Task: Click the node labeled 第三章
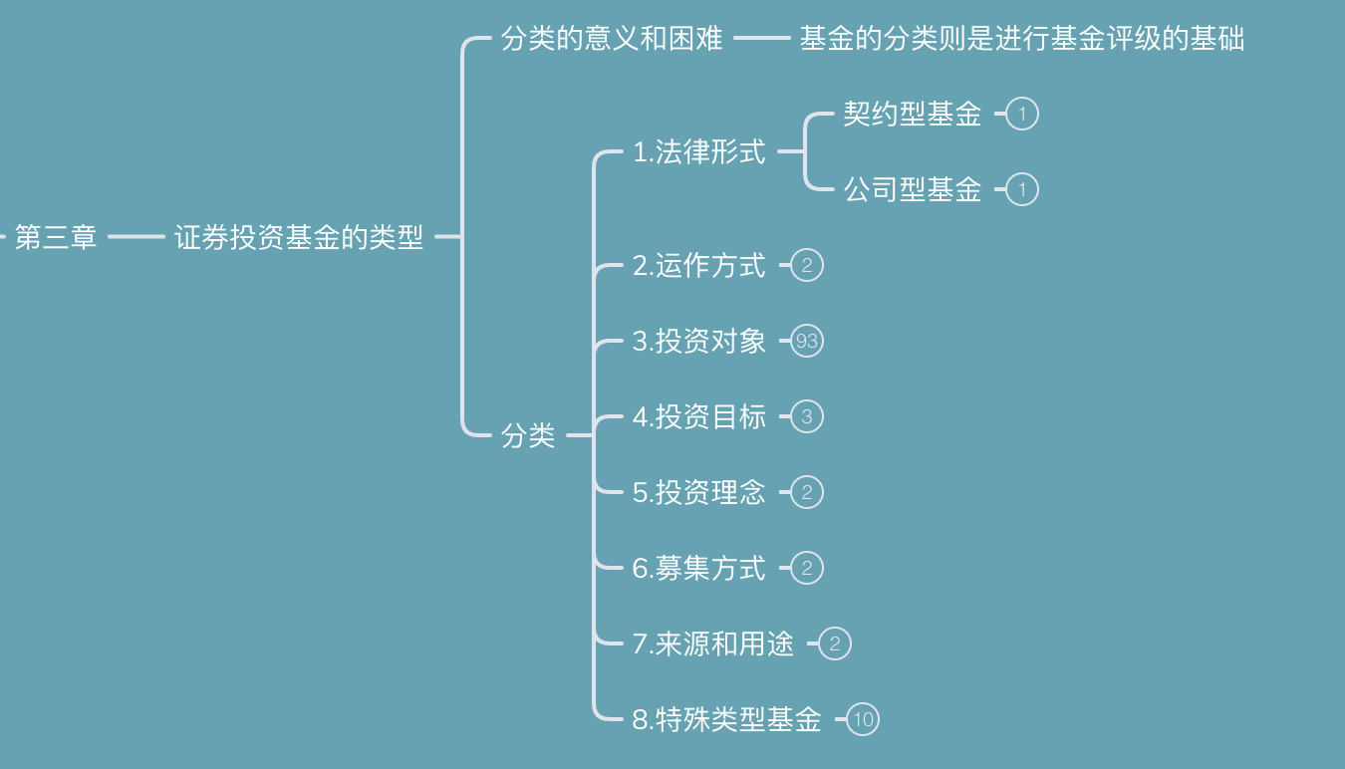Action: [x=56, y=237]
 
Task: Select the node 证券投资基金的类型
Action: [x=299, y=237]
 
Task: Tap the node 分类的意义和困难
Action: [x=612, y=40]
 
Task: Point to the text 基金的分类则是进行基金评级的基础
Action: [x=1021, y=40]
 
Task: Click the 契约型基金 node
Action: [x=912, y=115]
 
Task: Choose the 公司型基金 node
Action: [x=912, y=189]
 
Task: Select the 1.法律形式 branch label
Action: [x=699, y=152]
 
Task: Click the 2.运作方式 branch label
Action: [x=699, y=266]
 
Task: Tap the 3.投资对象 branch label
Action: [x=699, y=342]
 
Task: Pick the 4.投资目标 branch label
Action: [x=699, y=416]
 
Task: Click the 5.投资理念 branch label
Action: [x=699, y=492]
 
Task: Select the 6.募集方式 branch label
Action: [x=699, y=568]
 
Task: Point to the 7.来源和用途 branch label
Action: [x=713, y=643]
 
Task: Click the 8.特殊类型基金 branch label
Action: [x=727, y=719]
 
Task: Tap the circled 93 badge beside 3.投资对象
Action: [x=807, y=342]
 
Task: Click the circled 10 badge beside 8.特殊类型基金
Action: [x=863, y=719]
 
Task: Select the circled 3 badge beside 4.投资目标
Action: [x=807, y=416]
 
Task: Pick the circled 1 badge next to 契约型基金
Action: [x=1022, y=115]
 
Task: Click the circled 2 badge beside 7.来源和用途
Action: [x=835, y=643]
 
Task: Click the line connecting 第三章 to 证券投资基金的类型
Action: [x=135, y=237]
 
